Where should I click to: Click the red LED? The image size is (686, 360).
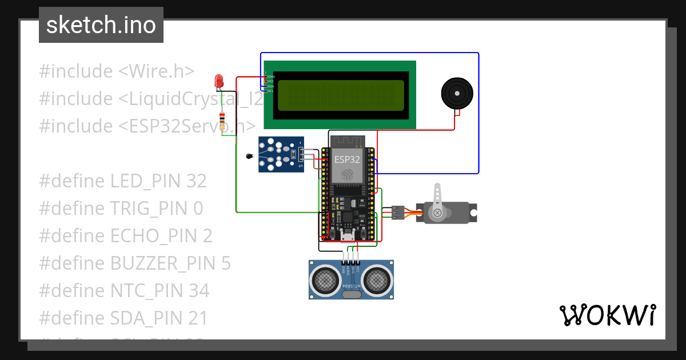pos(219,82)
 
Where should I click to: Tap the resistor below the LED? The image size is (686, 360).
pos(222,122)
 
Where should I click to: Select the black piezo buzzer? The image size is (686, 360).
pos(457,93)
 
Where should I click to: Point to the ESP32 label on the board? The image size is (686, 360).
pos(347,159)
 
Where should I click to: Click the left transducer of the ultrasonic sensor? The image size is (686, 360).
pos(325,279)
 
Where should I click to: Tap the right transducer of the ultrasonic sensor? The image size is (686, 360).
pos(378,279)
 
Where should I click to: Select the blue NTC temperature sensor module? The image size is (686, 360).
pos(280,154)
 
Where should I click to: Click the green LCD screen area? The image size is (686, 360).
pos(341,95)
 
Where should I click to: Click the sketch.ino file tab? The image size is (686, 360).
pos(101,25)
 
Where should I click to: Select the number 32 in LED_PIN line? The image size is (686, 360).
pos(197,181)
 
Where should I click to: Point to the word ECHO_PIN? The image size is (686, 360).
pos(153,236)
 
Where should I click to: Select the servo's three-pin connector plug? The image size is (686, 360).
pos(398,213)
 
